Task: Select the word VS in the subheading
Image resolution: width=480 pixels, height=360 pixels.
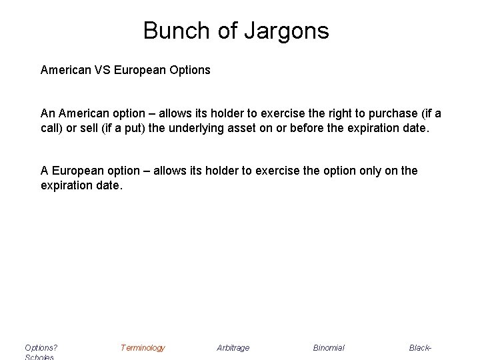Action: coord(102,69)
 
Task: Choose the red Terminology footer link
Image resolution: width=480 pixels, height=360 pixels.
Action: coord(143,347)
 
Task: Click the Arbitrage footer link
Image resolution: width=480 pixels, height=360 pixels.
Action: coord(233,347)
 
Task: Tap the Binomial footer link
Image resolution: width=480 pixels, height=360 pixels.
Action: coord(329,347)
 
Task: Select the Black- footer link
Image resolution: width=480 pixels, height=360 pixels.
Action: coord(421,347)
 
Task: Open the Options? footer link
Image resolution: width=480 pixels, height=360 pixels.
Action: coord(41,347)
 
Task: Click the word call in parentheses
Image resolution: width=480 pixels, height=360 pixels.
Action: coord(49,127)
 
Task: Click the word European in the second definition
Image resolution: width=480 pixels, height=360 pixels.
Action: coord(76,171)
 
